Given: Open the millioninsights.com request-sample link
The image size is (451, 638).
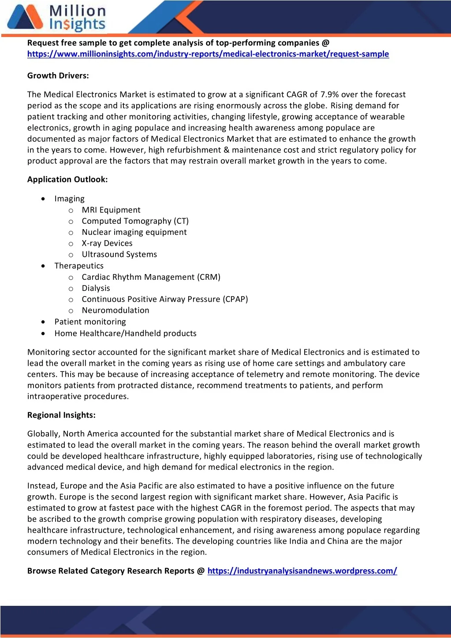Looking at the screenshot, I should [208, 54].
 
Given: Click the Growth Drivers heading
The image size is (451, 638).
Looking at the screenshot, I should [58, 76].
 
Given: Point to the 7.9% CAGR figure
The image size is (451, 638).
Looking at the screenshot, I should [329, 94].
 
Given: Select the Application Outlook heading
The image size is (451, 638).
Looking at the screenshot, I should [67, 180].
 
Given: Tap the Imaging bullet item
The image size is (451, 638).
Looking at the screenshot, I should [69, 199].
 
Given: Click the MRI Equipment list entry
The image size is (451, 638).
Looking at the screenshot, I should [111, 210].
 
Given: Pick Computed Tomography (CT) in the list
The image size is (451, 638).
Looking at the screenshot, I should [135, 221].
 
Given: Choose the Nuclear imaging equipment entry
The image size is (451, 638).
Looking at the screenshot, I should [134, 232].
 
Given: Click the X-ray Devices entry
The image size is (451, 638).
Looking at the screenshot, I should [107, 243].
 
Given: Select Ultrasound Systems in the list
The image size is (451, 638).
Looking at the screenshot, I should [119, 254].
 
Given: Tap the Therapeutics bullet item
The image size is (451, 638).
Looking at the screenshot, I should [79, 266].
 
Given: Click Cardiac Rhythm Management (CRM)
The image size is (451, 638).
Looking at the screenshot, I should [151, 277].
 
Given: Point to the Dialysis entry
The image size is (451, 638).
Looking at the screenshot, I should [96, 288].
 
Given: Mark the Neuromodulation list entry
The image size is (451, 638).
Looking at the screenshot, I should [115, 310].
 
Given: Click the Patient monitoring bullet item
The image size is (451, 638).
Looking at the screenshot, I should [90, 322].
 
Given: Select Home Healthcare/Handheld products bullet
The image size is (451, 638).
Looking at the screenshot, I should [125, 334].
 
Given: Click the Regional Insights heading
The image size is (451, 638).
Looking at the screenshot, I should [61, 415].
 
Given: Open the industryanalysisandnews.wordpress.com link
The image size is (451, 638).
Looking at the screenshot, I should [302, 571].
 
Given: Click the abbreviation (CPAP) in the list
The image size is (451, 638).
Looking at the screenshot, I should [235, 299].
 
